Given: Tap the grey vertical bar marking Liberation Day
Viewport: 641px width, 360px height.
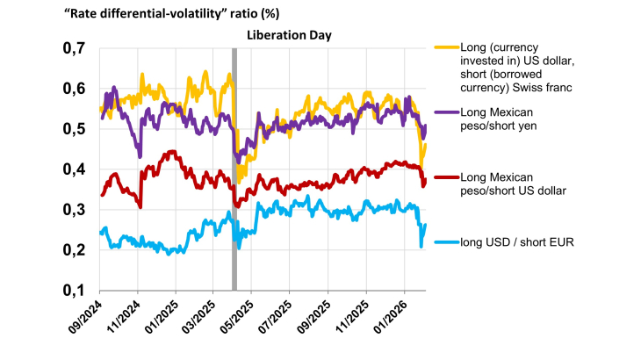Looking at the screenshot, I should pyautogui.click(x=234, y=167).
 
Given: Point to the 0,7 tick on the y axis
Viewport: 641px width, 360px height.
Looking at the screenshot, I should pyautogui.click(x=74, y=49).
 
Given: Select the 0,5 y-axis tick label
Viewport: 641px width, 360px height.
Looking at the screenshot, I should pyautogui.click(x=74, y=130).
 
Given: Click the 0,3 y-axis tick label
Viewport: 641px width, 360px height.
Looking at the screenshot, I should pyautogui.click(x=74, y=210).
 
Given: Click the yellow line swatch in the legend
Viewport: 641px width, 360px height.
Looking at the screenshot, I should pyautogui.click(x=446, y=46).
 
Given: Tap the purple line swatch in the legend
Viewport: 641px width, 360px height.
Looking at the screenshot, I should pyautogui.click(x=446, y=112).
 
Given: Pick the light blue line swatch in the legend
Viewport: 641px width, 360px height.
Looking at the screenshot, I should pyautogui.click(x=446, y=241).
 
